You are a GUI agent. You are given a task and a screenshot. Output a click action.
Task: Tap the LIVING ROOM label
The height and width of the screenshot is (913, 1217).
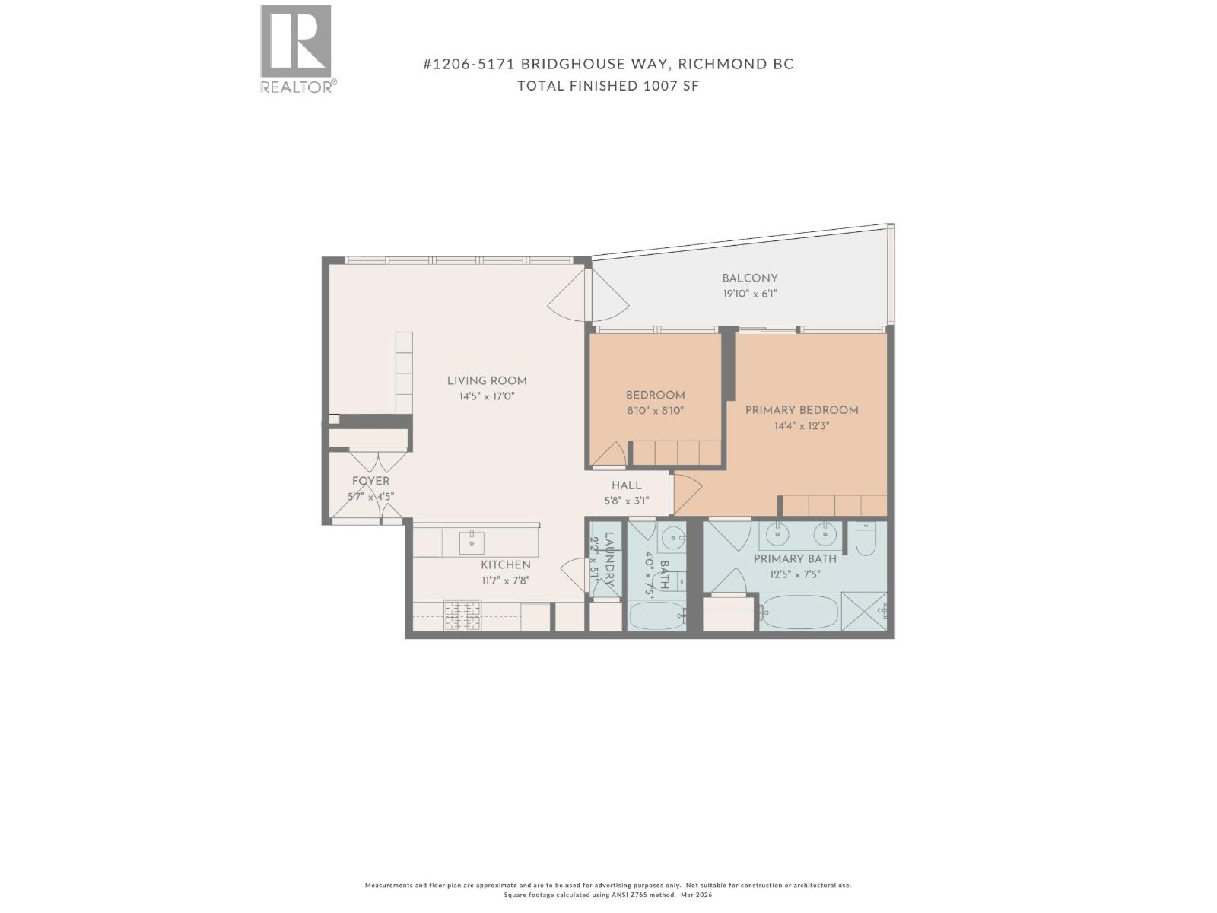pos(487,381)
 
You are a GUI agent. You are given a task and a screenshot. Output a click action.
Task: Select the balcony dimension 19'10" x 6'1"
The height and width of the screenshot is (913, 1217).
pos(750,294)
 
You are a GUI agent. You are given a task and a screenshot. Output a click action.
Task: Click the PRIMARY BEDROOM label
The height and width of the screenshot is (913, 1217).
pos(802,410)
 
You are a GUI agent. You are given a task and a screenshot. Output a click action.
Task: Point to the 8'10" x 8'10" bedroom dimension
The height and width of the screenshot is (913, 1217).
pos(655,411)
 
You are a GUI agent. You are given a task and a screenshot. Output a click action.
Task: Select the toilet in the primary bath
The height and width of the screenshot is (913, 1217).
pos(866,539)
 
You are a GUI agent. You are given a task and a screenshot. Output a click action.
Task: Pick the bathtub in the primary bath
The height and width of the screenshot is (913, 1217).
pos(799,612)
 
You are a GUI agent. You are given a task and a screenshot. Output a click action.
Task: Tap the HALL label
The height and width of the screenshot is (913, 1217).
pos(627,485)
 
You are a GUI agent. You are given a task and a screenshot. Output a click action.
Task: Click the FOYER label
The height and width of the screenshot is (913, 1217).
pos(370,481)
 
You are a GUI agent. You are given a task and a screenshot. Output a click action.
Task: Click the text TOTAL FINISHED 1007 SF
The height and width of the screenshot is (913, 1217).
pos(608,86)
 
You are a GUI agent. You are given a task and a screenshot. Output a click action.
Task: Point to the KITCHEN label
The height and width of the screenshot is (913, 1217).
pos(506,565)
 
